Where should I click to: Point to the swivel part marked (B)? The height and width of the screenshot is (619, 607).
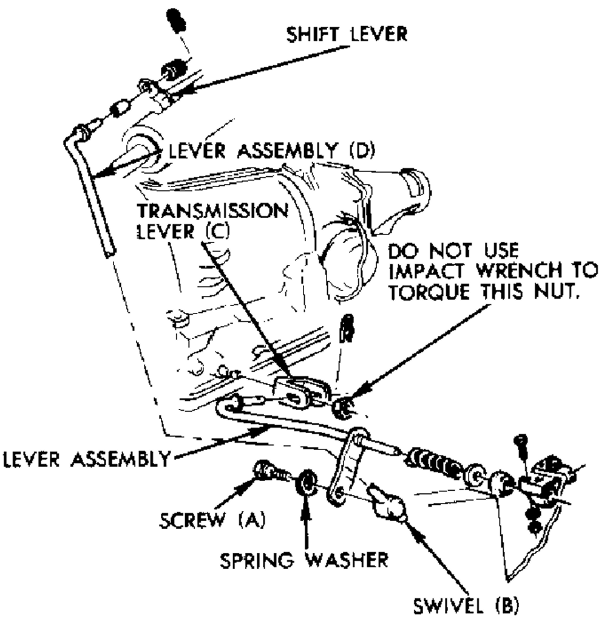point(388,504)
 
